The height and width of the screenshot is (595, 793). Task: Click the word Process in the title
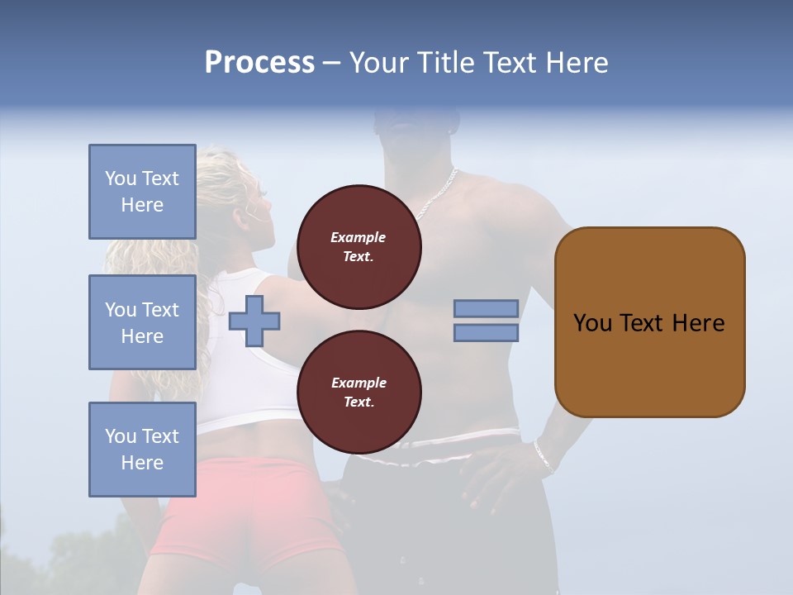(x=259, y=63)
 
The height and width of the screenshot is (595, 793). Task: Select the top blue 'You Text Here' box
(x=142, y=192)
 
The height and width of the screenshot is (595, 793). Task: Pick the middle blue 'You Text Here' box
(x=142, y=322)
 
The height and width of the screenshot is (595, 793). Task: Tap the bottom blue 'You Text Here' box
(x=142, y=450)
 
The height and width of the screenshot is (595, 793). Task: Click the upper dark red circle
(x=359, y=247)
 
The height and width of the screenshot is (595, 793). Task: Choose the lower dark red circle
(x=359, y=393)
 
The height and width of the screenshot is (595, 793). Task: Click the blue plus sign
(x=254, y=321)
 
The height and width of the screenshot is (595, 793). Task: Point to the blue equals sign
(x=486, y=321)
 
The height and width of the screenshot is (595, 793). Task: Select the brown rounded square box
(x=649, y=322)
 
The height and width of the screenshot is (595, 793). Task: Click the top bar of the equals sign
(x=486, y=309)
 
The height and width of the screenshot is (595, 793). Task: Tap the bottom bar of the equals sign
(x=486, y=333)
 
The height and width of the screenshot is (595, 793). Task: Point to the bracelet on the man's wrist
(x=543, y=456)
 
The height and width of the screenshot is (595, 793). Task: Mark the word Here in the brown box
(x=698, y=323)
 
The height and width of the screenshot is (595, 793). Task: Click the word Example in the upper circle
(x=359, y=237)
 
